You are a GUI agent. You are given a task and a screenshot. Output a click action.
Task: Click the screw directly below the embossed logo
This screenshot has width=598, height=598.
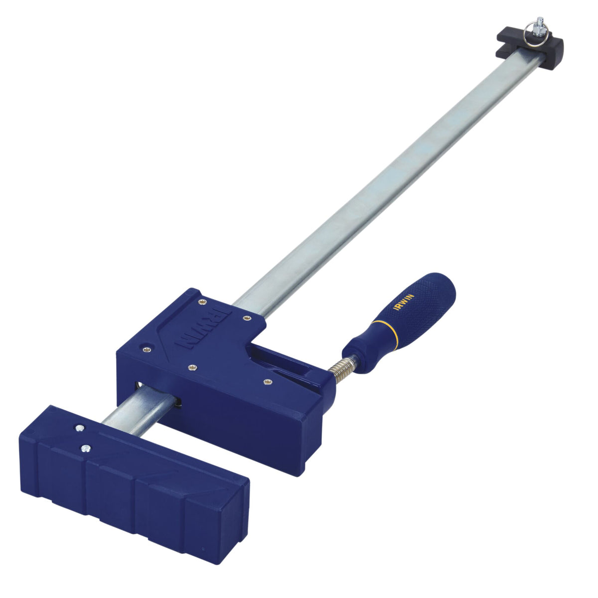coord(191,368)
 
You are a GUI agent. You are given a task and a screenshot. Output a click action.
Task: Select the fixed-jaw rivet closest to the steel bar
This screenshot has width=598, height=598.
coord(79,428)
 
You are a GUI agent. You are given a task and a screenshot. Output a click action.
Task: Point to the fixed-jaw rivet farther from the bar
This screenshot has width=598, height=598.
coord(85,448)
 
